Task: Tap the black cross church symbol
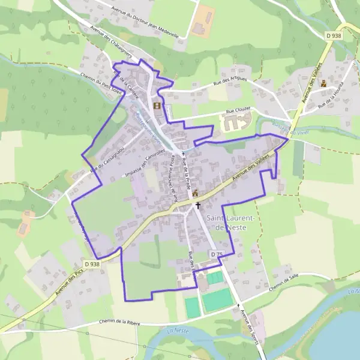pos(198,205)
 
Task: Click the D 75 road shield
pos(217,254)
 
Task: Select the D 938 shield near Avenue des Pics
pos(92,263)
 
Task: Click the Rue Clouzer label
pos(238,111)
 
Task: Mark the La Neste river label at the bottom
pos(179,331)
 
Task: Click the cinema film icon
pos(157,106)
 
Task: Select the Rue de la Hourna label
pos(334,94)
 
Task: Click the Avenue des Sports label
pos(248,324)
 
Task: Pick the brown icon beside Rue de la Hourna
pos(324,83)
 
